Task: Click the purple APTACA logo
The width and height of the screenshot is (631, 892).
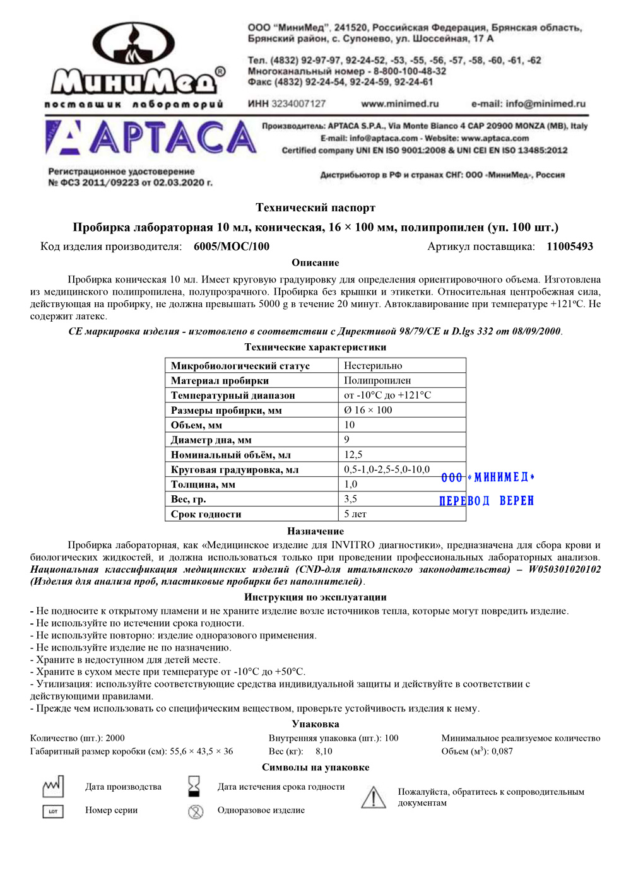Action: (151, 138)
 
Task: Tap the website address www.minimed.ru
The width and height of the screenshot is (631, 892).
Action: (399, 104)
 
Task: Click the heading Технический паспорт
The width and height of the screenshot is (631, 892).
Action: (315, 208)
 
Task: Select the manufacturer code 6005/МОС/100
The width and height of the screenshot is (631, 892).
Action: (232, 247)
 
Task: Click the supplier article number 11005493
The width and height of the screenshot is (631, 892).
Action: (570, 247)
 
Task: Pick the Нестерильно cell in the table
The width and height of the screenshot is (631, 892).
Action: (373, 366)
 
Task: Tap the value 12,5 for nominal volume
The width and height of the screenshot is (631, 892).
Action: (353, 455)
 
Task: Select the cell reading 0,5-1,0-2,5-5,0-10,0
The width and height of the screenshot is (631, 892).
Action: (387, 469)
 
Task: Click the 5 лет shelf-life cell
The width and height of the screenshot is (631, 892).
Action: (355, 514)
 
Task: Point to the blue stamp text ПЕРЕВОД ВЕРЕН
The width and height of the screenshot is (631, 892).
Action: (487, 501)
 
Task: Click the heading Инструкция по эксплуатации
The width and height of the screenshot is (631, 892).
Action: (315, 597)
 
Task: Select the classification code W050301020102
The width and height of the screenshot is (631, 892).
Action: (564, 570)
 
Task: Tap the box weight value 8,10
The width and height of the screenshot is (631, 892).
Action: (324, 751)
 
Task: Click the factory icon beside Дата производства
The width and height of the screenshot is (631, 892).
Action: (53, 786)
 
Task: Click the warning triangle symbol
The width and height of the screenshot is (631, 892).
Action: (374, 797)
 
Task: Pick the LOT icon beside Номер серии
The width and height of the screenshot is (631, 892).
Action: (53, 811)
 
